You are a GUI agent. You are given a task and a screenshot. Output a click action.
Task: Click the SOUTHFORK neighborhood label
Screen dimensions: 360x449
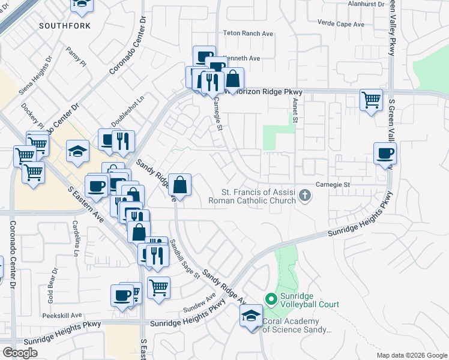pos(65,26)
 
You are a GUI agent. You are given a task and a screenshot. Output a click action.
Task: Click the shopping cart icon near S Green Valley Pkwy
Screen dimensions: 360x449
pos(372,100)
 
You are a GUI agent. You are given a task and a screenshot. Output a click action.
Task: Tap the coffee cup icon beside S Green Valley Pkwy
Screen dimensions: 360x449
pos(385,153)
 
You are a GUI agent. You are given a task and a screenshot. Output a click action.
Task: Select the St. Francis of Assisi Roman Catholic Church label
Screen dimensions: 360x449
pos(259,196)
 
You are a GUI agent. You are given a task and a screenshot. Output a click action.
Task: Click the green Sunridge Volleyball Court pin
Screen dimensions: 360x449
pos(271,298)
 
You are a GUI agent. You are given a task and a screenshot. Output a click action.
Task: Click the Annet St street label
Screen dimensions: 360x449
pos(295,112)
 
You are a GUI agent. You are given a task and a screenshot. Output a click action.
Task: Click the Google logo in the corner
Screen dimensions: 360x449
pos(20,353)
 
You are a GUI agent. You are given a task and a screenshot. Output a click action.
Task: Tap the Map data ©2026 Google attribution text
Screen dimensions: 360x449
pos(411,355)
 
